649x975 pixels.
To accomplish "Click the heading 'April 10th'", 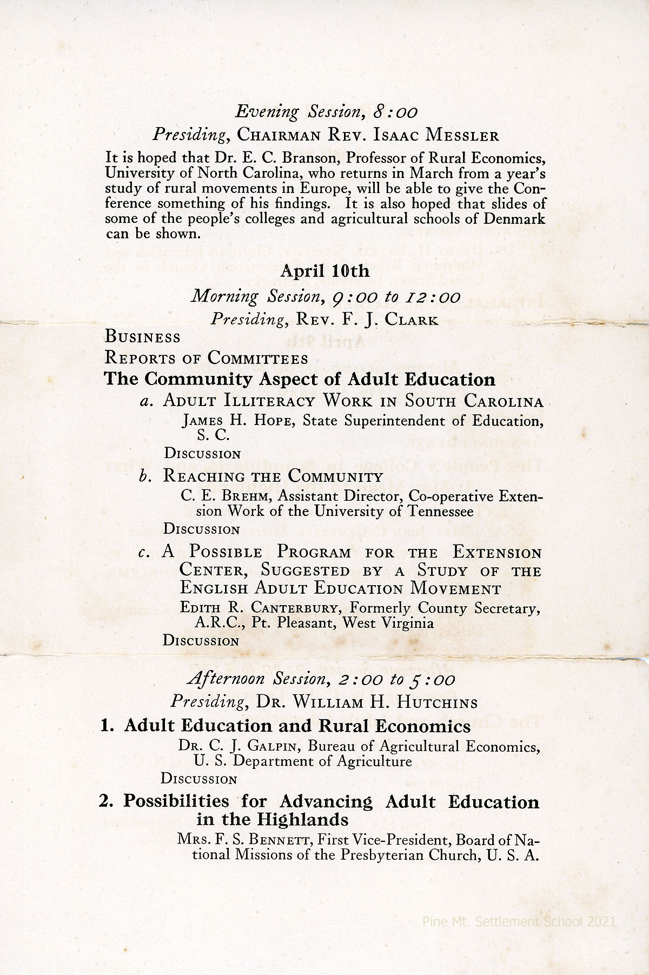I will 325,270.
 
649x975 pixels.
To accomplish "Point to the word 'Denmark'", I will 512,220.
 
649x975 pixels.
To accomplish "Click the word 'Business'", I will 142,337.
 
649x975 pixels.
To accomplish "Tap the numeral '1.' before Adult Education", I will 108,726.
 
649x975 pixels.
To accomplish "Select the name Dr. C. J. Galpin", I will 240,747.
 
